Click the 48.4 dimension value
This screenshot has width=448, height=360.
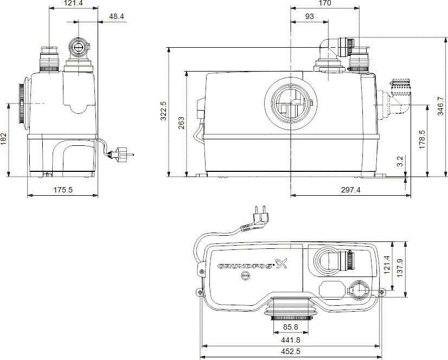116,16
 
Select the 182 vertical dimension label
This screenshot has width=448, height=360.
4,140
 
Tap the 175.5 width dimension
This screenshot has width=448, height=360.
62,190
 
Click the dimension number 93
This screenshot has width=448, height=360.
309,16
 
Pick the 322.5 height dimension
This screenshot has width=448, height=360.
164,112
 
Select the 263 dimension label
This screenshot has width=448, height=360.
180,123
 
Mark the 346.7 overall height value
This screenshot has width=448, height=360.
440,106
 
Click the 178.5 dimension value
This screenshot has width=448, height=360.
422,139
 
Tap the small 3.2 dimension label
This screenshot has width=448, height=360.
400,162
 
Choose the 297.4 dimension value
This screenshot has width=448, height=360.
350,190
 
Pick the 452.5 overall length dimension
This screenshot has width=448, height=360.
292,353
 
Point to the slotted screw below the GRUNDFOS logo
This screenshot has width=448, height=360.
245,277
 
